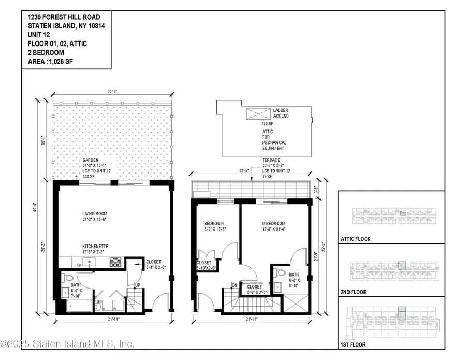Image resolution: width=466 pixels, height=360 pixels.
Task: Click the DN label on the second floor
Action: click(x=234, y=285)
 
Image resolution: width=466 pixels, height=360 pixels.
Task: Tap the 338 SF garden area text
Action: click(x=89, y=176)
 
